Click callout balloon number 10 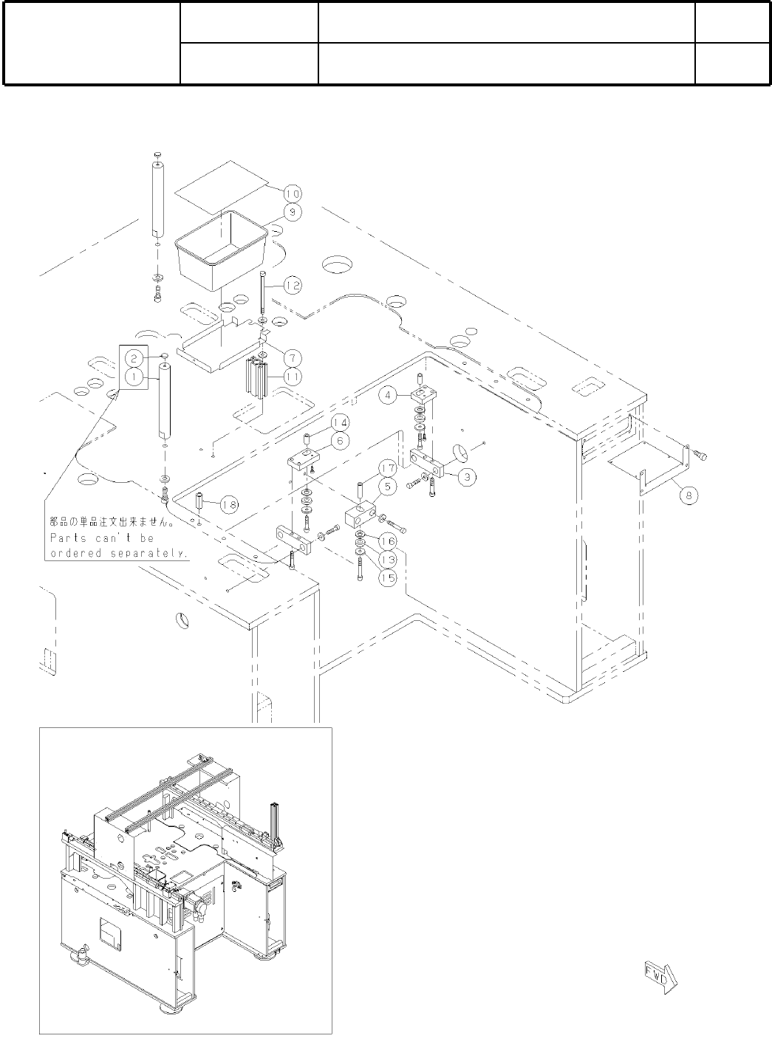tap(293, 193)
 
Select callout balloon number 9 tap(293, 212)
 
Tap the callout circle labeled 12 tap(293, 284)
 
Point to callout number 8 tap(688, 495)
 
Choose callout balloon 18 tap(229, 504)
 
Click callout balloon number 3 tap(465, 476)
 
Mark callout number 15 tap(388, 579)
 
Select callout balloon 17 tap(389, 467)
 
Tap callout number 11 tap(293, 376)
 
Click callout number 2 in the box tap(133, 358)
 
